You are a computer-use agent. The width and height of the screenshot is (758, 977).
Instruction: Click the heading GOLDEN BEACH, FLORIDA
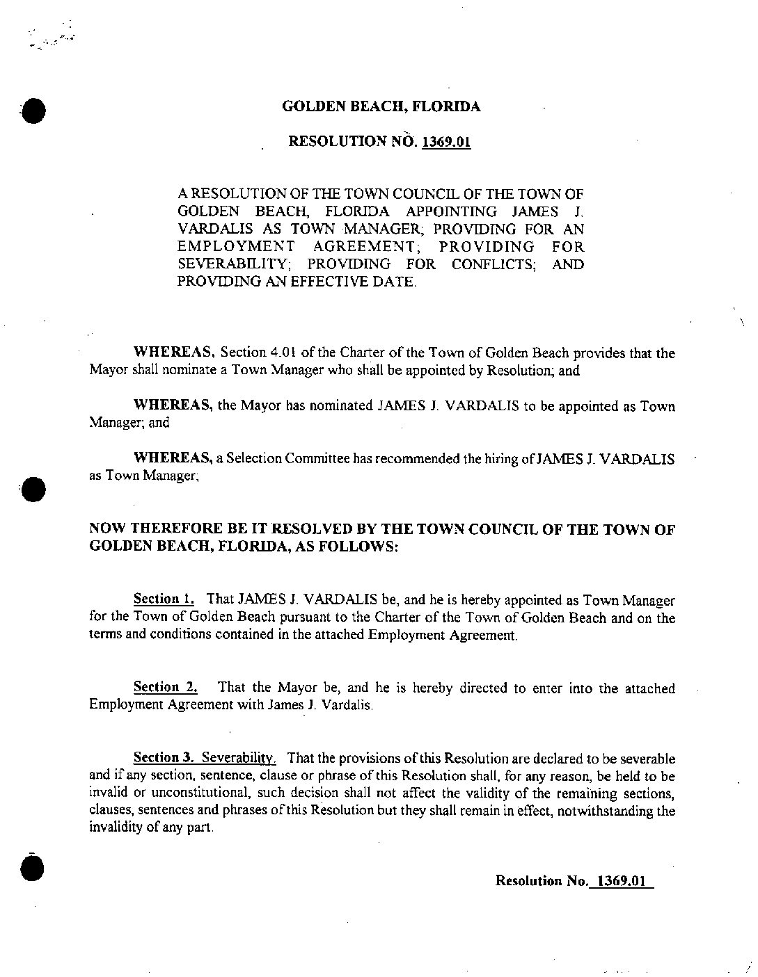pos(381,107)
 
